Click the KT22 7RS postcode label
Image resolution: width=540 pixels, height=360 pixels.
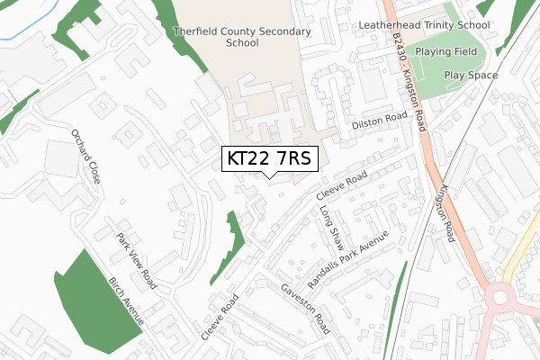(268, 158)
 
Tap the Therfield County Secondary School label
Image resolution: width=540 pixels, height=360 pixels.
(242, 37)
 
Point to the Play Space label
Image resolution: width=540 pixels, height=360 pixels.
(471, 76)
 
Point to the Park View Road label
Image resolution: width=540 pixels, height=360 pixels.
(136, 259)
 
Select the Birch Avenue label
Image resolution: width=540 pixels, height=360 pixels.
(126, 301)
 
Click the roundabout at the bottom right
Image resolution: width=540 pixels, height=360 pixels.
(499, 298)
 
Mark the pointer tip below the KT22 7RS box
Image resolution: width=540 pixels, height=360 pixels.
(268, 177)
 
